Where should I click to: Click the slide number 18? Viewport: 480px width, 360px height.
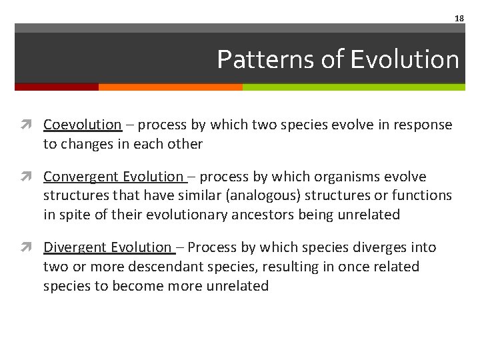(459, 19)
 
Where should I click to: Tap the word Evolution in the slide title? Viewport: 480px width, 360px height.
(405, 59)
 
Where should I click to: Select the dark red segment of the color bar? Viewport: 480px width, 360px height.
(57, 87)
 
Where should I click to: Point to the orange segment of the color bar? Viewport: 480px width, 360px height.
(170, 87)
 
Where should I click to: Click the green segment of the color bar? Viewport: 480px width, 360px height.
(353, 87)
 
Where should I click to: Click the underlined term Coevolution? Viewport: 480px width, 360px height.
(83, 125)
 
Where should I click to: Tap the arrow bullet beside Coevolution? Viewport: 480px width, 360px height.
(31, 125)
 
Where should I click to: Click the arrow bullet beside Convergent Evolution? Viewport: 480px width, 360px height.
(31, 177)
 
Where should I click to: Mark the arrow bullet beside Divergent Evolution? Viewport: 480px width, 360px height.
(31, 247)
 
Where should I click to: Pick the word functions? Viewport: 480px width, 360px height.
(423, 195)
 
